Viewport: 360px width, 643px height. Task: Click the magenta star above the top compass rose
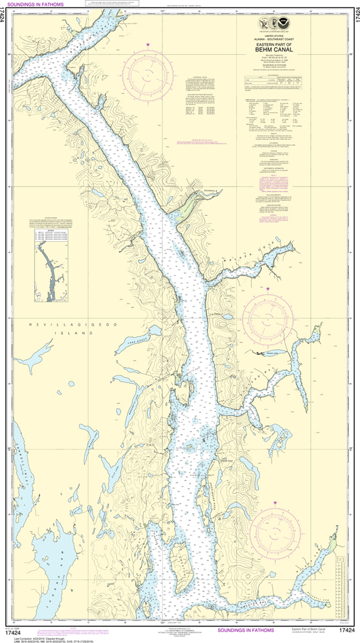click(148, 45)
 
